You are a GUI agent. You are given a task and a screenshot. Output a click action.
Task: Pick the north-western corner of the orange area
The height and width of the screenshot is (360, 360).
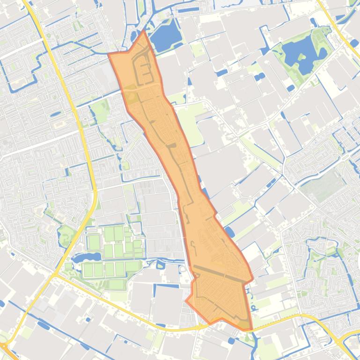point(109,54)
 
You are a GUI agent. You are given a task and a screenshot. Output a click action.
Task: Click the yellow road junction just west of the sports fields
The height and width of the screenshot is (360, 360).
point(55,275)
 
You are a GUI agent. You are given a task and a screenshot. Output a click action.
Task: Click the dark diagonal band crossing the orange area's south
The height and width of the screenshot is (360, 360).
point(220,274)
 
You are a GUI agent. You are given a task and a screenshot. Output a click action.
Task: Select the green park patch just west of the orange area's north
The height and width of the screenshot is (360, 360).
point(99,109)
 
